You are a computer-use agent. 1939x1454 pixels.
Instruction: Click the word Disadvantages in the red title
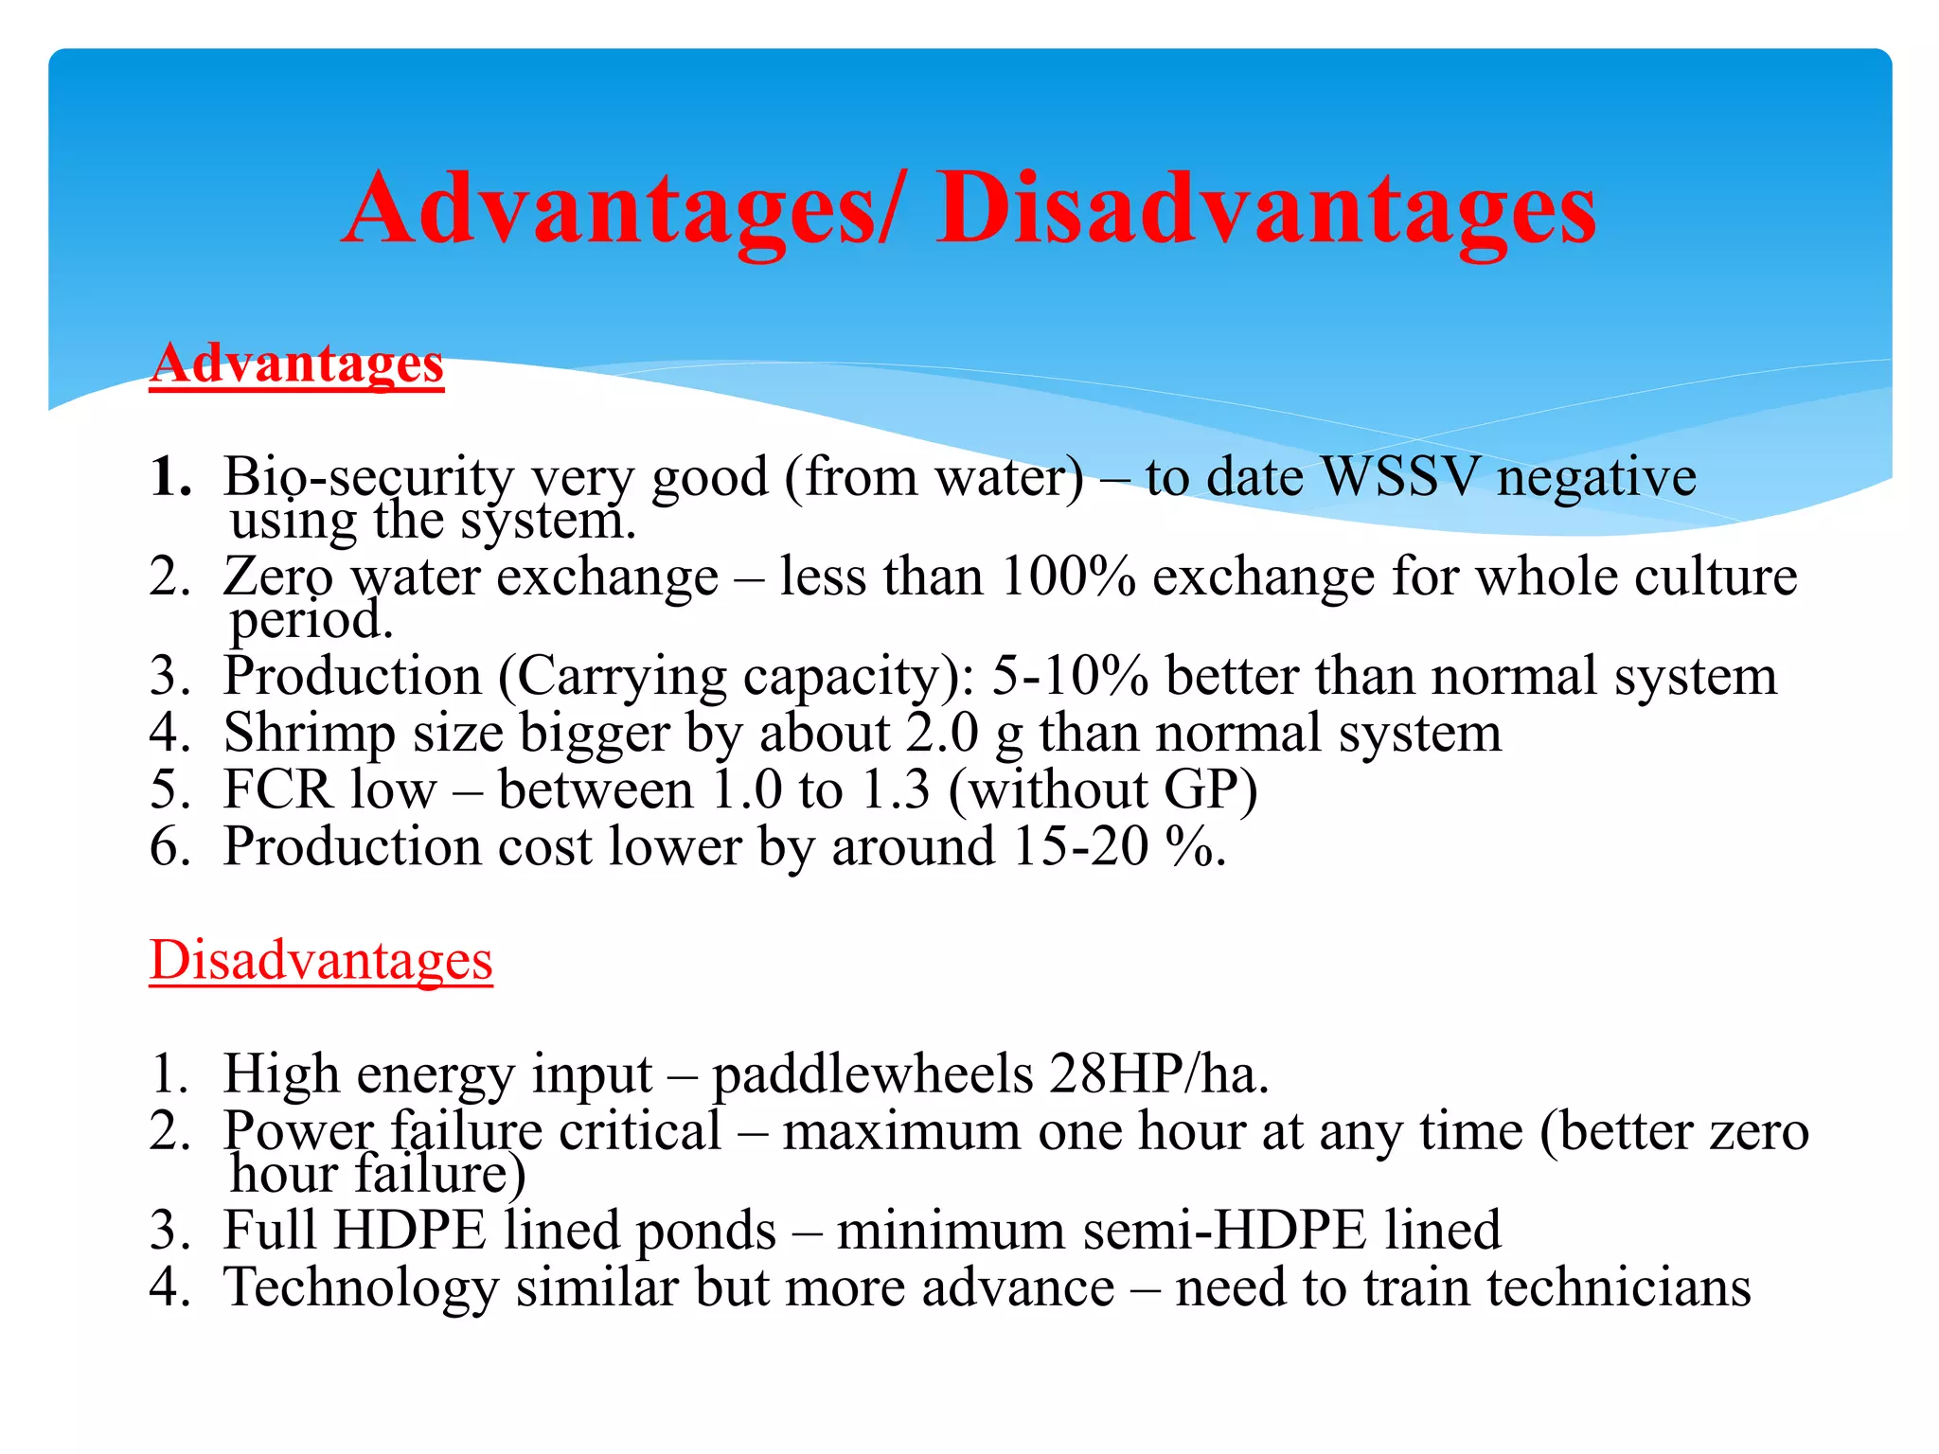point(1267,210)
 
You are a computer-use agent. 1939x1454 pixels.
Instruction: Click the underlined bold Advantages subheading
point(296,364)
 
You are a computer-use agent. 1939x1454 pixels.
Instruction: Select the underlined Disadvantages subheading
point(321,961)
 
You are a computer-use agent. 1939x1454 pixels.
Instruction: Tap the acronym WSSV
point(1399,476)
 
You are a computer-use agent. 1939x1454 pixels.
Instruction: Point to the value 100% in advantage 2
point(1068,576)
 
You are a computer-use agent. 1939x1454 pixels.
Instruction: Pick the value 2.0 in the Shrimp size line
point(941,734)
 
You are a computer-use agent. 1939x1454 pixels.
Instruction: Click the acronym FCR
point(278,790)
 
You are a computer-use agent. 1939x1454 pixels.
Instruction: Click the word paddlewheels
point(872,1075)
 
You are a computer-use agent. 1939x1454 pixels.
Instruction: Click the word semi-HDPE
point(1224,1232)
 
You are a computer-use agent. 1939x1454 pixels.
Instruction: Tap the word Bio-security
point(367,476)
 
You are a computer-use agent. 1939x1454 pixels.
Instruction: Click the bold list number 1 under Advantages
point(169,476)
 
